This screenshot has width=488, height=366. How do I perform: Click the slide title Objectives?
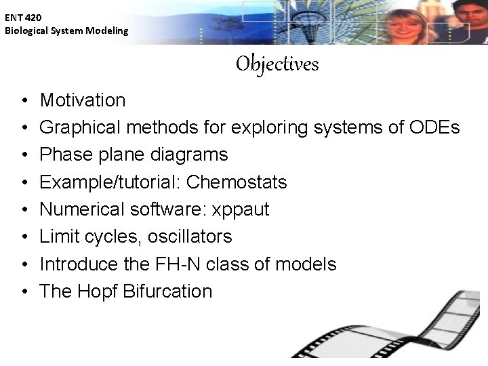(277, 64)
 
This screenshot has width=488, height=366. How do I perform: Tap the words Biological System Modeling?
(66, 30)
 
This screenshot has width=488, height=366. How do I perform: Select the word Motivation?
(83, 100)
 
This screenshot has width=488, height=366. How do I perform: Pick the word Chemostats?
(237, 182)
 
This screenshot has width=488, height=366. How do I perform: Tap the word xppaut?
(241, 210)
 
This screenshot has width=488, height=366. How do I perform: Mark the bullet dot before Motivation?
(24, 101)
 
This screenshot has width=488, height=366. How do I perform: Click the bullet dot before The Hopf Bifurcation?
(24, 292)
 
